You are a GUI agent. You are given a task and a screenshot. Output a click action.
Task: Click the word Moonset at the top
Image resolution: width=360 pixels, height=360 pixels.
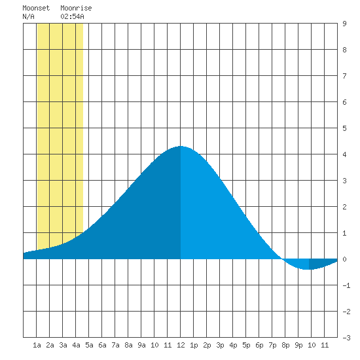click(x=36, y=8)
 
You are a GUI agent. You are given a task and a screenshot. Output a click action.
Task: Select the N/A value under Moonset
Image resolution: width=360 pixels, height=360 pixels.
click(x=28, y=16)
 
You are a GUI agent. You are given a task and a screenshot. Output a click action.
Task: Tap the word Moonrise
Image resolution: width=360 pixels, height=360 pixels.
click(x=76, y=8)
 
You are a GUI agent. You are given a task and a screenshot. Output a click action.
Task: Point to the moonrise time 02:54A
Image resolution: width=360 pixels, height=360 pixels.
click(x=72, y=16)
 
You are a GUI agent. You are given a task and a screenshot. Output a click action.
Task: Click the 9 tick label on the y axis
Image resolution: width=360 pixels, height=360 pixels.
click(x=344, y=24)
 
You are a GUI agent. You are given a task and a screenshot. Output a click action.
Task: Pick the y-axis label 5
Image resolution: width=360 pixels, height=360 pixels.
click(x=344, y=128)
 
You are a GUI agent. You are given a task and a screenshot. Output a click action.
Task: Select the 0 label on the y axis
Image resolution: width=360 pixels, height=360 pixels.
click(x=344, y=259)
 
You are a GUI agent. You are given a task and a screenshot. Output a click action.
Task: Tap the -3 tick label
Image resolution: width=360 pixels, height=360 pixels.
click(x=346, y=338)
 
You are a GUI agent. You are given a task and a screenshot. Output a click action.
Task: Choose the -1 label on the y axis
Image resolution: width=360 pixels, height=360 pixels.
click(x=346, y=285)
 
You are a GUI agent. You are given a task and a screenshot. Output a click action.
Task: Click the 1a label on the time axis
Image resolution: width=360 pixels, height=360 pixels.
click(x=37, y=345)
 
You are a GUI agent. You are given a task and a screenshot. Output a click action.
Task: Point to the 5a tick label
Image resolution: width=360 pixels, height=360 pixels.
click(x=89, y=345)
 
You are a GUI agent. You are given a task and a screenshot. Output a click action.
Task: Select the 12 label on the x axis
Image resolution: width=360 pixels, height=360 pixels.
click(x=181, y=345)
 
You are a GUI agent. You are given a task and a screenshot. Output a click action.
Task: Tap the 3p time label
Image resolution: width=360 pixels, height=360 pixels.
click(x=220, y=345)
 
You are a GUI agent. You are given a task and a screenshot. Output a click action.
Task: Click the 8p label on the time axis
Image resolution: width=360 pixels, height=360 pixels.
click(x=285, y=345)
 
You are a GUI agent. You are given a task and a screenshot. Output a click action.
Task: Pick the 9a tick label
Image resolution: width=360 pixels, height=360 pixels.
click(x=141, y=345)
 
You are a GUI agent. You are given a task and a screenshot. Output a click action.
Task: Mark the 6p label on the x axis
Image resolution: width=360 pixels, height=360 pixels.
click(x=259, y=345)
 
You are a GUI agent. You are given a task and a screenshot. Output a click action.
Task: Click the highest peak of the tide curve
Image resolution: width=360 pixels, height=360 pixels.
click(x=181, y=146)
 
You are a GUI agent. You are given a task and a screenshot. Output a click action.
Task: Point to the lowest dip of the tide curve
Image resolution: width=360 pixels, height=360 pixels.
click(x=308, y=269)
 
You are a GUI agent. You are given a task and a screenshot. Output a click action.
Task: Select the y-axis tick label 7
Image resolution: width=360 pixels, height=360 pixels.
click(x=344, y=76)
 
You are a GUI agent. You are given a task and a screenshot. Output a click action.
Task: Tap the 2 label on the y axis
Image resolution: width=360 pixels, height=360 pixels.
click(x=344, y=207)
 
